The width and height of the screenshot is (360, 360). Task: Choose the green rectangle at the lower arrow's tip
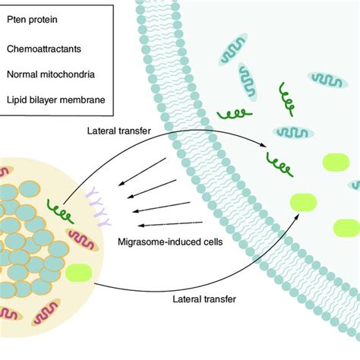pyautogui.click(x=305, y=203)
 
